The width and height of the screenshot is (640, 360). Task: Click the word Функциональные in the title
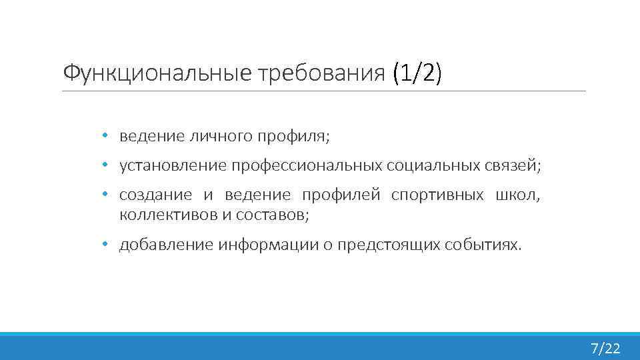155,73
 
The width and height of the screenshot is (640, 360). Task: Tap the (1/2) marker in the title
417,73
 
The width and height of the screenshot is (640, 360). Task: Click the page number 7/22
605,348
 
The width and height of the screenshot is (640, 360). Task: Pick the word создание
155,195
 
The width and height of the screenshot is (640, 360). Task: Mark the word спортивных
437,195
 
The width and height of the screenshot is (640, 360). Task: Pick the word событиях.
483,245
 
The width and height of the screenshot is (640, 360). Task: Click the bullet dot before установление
105,165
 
